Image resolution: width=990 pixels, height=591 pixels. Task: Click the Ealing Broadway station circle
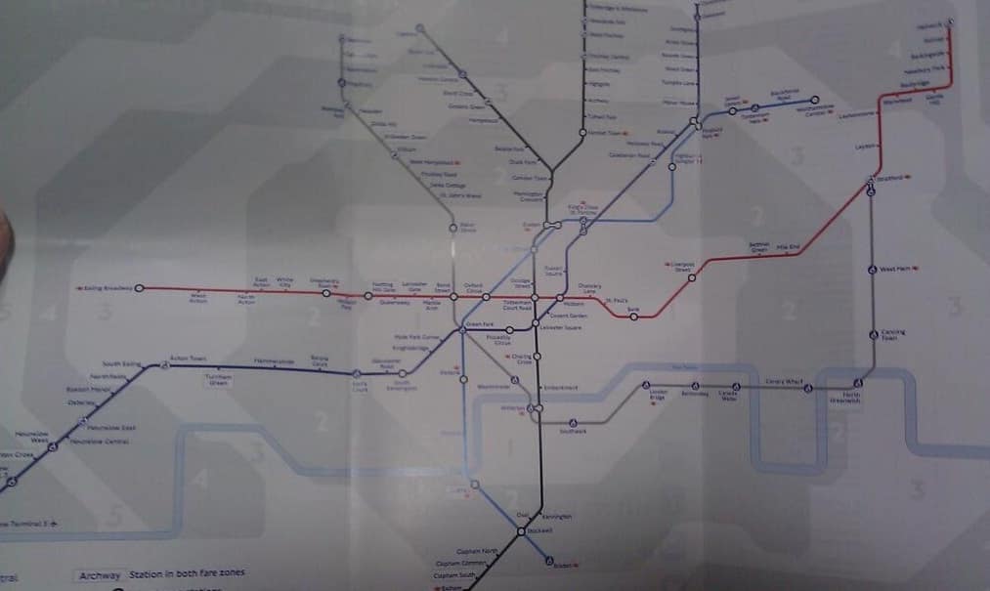[x=139, y=288]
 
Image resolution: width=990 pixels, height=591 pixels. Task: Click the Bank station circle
[x=633, y=317]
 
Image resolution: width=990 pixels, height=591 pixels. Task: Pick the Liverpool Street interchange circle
[x=692, y=277]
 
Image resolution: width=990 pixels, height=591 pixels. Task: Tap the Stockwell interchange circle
[x=521, y=530]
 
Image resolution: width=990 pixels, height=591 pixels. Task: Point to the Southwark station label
[x=574, y=431]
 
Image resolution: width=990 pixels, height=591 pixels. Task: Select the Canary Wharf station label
[x=783, y=381]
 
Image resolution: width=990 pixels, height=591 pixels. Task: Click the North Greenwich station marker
[x=857, y=383]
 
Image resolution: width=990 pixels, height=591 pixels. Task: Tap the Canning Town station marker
[x=873, y=334]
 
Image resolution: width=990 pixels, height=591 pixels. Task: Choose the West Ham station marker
[x=872, y=269]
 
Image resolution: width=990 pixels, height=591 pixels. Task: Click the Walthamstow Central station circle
[x=814, y=101]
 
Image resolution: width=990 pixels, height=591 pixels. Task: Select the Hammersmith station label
[x=274, y=361]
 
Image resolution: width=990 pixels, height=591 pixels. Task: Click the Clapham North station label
[x=479, y=552]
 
